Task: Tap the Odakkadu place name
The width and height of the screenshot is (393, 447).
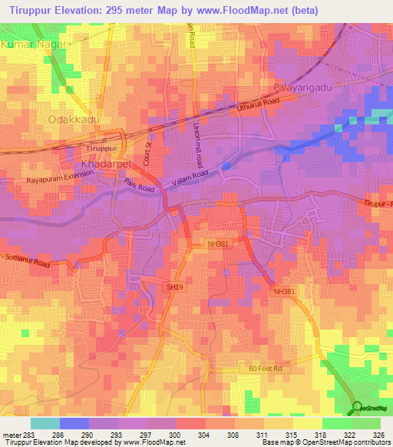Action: [x=75, y=119]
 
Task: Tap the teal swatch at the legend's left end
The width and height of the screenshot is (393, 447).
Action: [x=45, y=422]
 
